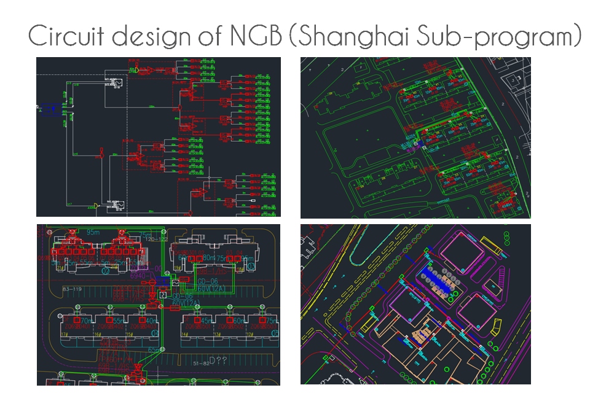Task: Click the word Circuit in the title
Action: [65, 37]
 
